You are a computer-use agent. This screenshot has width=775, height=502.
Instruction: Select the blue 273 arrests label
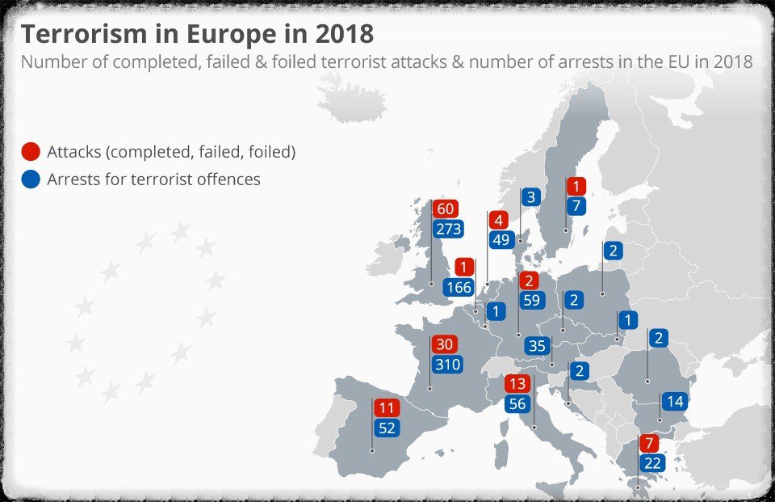tap(447, 229)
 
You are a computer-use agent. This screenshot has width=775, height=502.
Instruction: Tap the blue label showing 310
tap(446, 365)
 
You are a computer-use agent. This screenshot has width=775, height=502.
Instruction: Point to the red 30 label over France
tap(444, 344)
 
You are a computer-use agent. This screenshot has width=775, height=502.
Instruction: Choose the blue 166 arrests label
tap(459, 287)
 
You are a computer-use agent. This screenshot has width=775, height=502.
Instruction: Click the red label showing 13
tap(517, 384)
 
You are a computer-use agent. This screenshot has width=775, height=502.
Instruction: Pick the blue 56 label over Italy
tap(517, 404)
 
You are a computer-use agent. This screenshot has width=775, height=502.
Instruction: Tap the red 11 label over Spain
tap(387, 408)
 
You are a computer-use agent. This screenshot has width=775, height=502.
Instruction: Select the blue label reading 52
tap(387, 428)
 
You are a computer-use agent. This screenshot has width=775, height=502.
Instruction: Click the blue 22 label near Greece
tap(652, 463)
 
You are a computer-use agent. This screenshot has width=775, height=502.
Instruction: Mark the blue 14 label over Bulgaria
tap(675, 401)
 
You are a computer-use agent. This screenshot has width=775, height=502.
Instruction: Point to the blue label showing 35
tap(536, 347)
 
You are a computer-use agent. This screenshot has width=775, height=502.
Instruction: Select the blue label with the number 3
tap(530, 196)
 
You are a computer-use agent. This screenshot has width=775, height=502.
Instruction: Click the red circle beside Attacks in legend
tap(31, 152)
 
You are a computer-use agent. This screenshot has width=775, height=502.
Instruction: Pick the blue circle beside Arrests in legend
tap(31, 179)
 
